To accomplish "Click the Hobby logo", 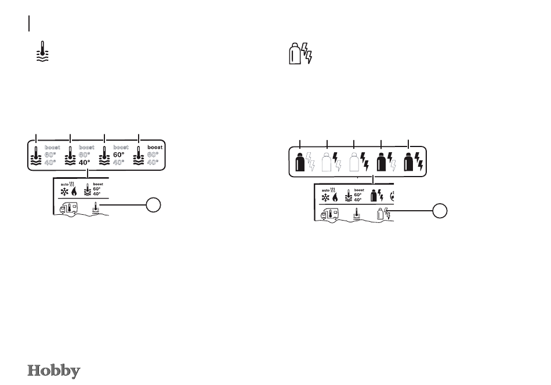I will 54,371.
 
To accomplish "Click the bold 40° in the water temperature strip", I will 85,163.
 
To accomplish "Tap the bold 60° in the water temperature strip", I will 119,155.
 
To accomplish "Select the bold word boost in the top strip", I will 155,147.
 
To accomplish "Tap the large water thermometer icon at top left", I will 42,52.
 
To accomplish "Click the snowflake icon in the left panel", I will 64,191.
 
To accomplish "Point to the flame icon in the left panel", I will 75,191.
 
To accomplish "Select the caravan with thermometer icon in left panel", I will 68,208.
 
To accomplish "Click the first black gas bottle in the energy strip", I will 300,162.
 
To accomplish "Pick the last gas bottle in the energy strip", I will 409,162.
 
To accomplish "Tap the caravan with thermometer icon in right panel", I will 328,215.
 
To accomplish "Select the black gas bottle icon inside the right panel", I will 374,196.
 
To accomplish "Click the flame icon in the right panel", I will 336,197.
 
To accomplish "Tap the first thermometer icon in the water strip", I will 37,157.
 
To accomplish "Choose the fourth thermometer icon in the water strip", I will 139,157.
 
